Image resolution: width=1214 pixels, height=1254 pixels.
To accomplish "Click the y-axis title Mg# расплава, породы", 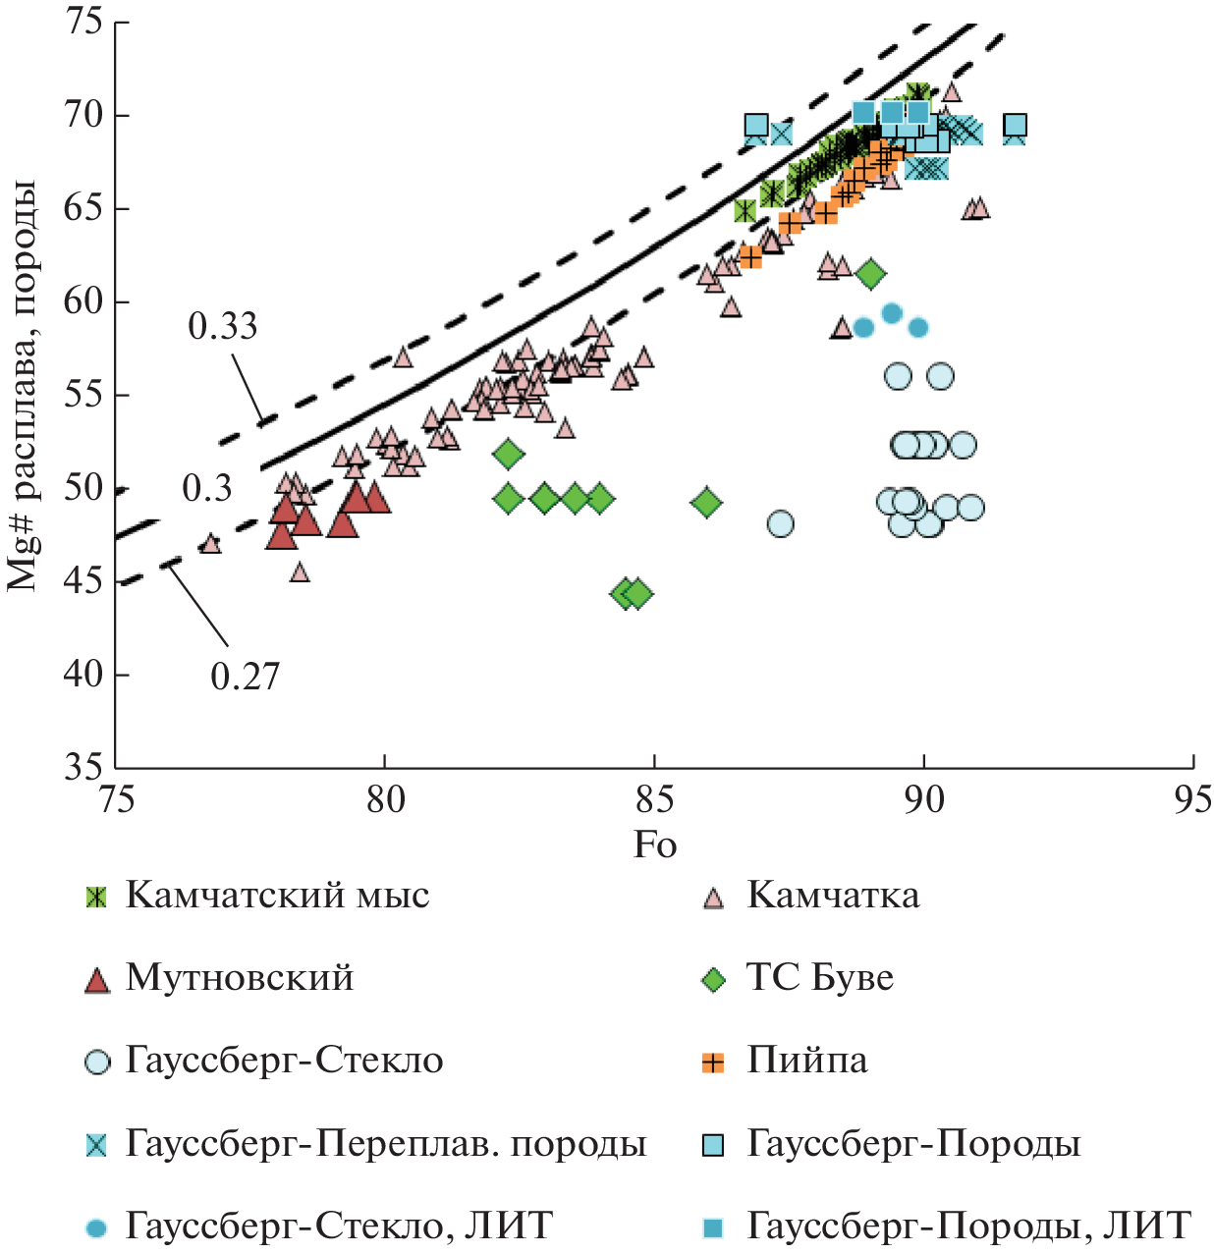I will [24, 385].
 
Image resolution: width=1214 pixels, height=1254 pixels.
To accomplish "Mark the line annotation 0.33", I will [223, 326].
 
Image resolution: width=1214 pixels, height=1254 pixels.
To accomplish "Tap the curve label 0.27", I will [245, 677].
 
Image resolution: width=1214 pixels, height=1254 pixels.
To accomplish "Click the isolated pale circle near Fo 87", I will [780, 523].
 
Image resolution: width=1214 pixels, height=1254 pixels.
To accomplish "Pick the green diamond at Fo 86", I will [706, 503].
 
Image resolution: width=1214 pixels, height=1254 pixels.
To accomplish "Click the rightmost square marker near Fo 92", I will [1016, 126].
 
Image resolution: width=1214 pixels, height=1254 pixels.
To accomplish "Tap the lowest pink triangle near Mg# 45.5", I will [300, 572].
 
